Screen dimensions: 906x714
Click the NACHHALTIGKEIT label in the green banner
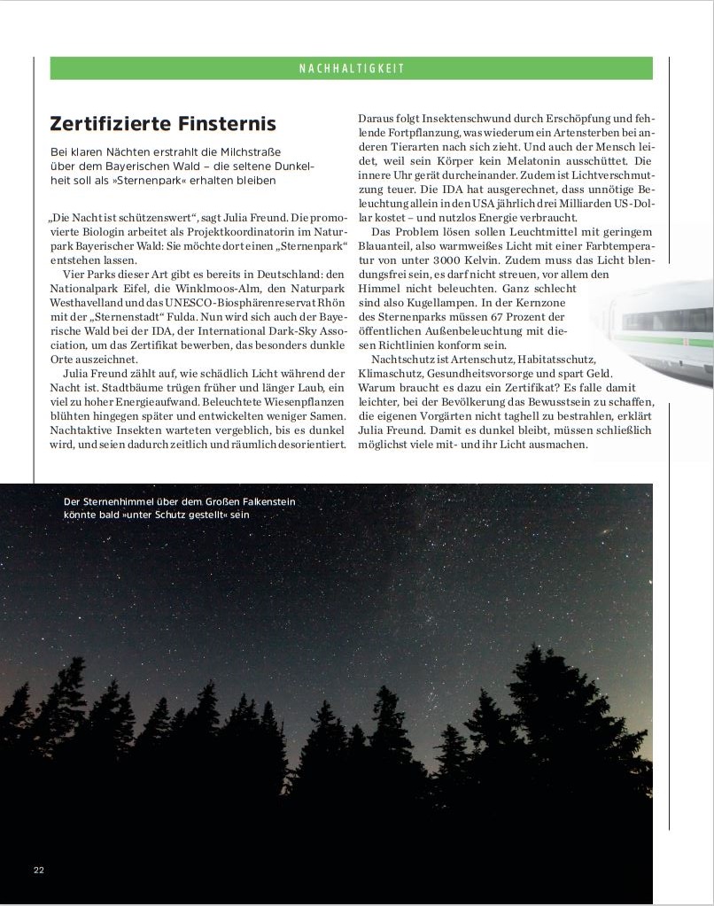click(x=351, y=68)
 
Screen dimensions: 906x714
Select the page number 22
click(x=39, y=869)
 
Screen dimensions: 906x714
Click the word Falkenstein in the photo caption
click(x=263, y=502)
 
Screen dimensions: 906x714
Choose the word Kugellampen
click(x=434, y=303)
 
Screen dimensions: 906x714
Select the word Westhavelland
click(x=90, y=303)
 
